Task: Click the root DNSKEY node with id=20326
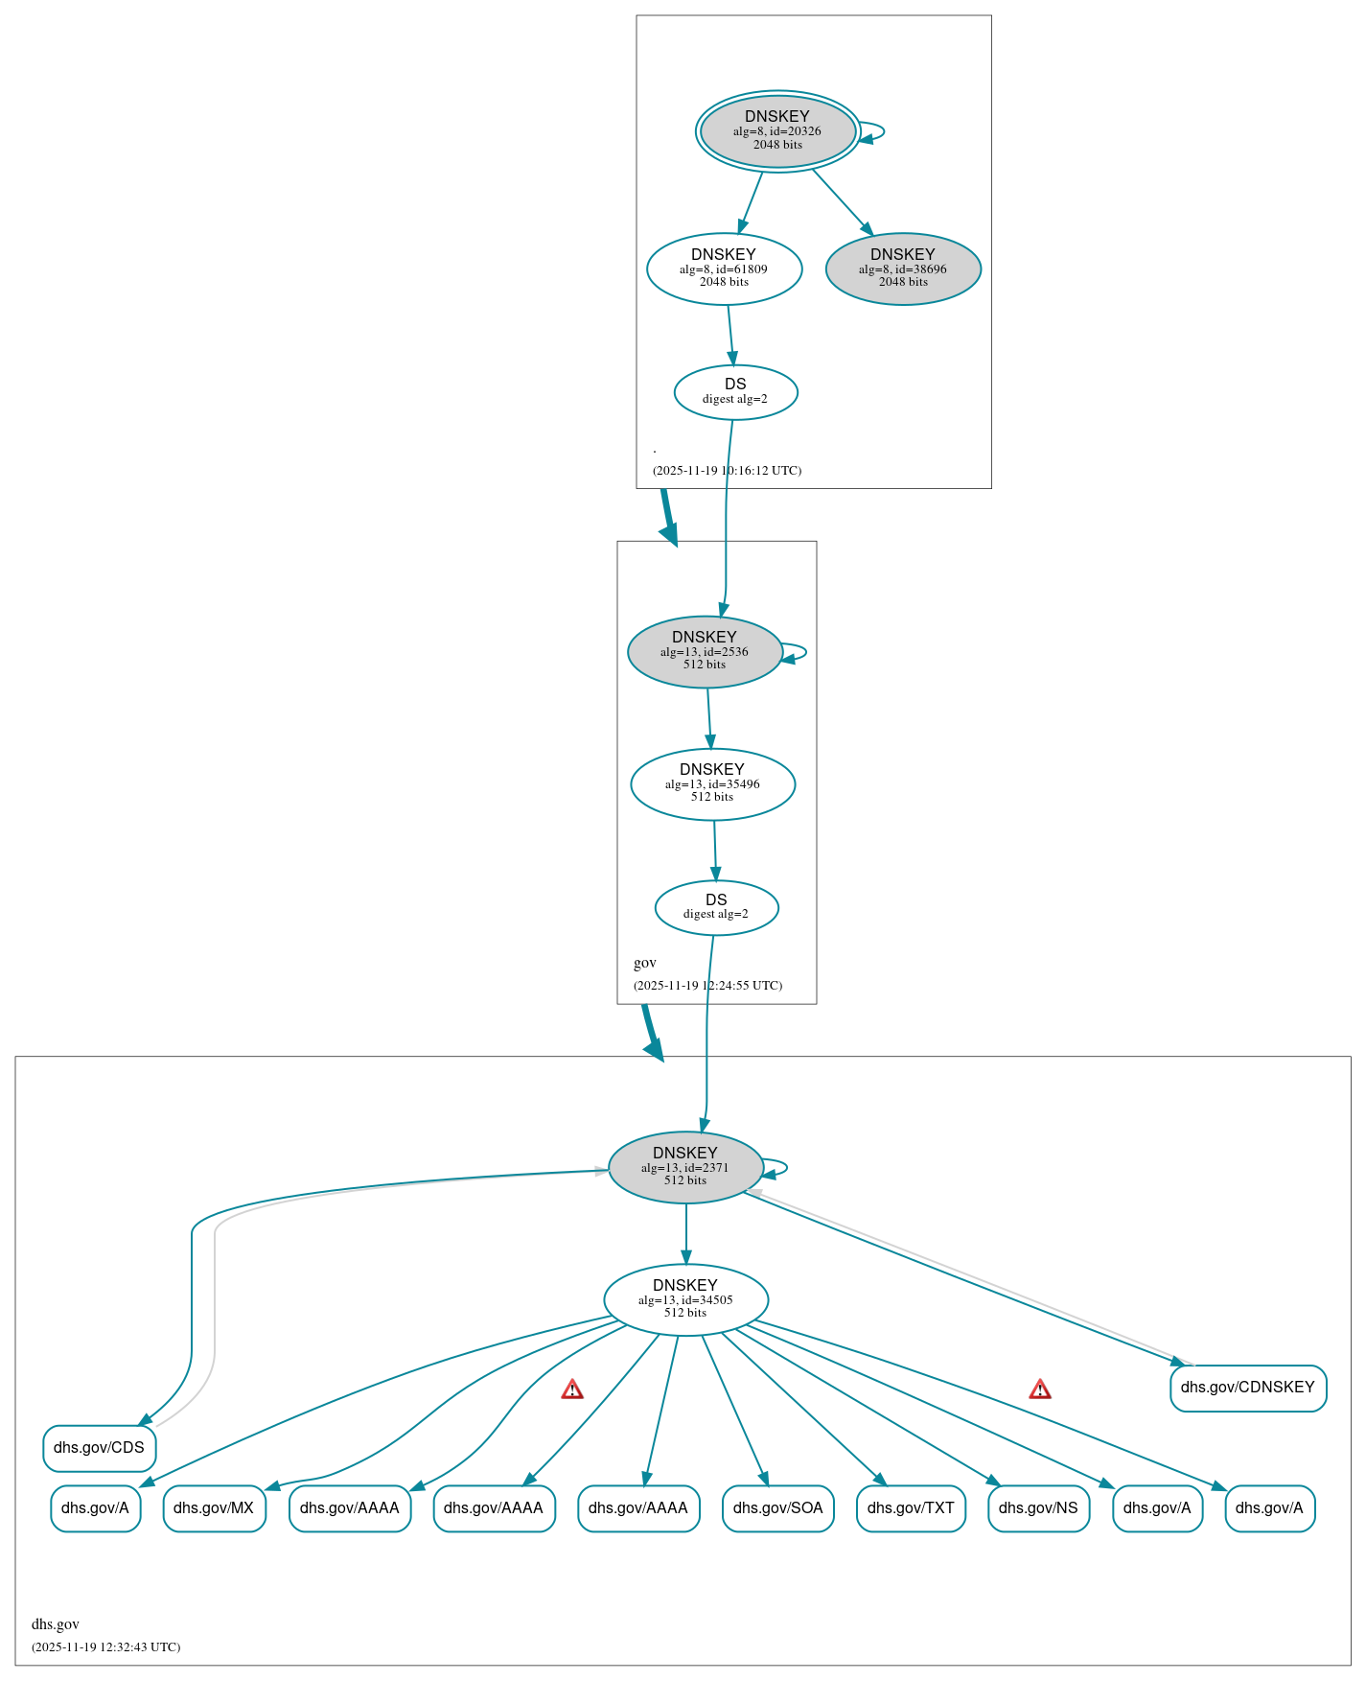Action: (x=777, y=130)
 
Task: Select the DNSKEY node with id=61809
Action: (x=724, y=268)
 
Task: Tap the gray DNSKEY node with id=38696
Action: (x=903, y=268)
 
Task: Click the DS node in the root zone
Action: (x=735, y=391)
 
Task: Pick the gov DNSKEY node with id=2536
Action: (x=705, y=651)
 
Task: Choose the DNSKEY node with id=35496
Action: (x=712, y=783)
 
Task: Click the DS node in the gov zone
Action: (x=716, y=906)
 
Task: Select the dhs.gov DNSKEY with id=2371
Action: (x=685, y=1167)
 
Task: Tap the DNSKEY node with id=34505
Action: (x=685, y=1299)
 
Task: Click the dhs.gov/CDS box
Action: (x=99, y=1447)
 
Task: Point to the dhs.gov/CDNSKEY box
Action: (x=1247, y=1388)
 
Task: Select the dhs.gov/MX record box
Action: (x=214, y=1507)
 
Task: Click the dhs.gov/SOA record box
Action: (x=777, y=1507)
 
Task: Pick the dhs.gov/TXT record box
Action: (x=910, y=1507)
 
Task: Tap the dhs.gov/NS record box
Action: (x=1038, y=1507)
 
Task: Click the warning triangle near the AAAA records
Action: (x=572, y=1389)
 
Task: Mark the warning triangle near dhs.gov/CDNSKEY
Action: (x=1040, y=1389)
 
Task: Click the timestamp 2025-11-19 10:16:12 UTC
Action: (x=727, y=470)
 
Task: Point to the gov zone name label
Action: (x=645, y=963)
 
